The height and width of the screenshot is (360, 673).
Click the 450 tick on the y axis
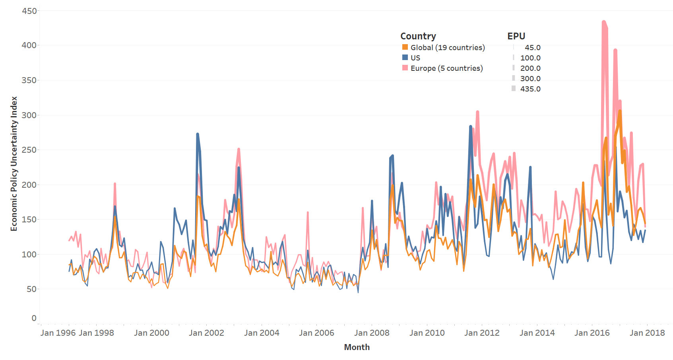(29, 11)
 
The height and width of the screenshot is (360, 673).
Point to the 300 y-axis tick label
(29, 115)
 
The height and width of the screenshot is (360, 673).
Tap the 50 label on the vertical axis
(31, 289)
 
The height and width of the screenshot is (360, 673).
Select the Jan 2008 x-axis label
(372, 333)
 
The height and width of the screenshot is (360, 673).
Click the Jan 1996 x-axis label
(58, 333)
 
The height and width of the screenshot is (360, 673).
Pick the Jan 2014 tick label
(537, 333)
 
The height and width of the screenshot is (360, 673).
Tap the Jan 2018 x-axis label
(647, 333)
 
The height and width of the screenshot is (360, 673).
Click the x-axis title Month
(357, 347)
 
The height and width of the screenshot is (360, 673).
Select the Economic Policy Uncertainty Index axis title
(14, 163)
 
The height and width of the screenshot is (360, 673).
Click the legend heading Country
(418, 36)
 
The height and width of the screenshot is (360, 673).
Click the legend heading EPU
(516, 36)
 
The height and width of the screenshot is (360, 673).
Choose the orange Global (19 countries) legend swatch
(405, 47)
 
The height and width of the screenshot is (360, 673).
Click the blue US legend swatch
(405, 58)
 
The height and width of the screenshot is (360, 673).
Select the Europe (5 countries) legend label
(446, 68)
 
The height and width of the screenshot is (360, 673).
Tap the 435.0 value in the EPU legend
(530, 89)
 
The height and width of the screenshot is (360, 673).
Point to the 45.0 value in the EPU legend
(532, 48)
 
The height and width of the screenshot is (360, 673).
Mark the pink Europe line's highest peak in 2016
(604, 22)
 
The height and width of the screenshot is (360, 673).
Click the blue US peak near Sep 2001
(198, 134)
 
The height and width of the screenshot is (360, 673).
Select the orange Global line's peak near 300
(620, 111)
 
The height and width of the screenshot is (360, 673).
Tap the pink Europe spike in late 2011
(477, 112)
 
